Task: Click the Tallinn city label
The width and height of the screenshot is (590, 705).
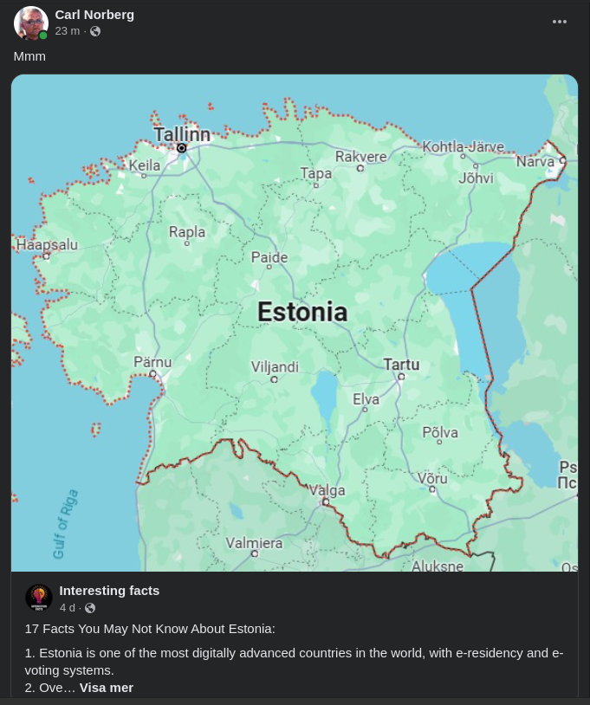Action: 182,134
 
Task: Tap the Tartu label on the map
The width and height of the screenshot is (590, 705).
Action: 401,365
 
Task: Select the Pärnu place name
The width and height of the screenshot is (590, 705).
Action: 152,362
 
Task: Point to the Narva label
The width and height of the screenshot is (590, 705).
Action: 535,161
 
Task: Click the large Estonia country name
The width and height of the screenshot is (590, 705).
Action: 302,312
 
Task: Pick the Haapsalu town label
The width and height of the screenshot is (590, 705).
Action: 47,245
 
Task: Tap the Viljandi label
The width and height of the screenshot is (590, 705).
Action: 275,366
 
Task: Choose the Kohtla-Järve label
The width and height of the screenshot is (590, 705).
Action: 463,146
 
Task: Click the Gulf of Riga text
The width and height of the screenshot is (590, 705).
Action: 65,524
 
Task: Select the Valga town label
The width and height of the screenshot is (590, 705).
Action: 327,490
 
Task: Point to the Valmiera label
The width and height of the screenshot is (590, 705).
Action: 254,543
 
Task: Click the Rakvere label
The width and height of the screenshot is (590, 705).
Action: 361,157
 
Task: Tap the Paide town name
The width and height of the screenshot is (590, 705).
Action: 269,257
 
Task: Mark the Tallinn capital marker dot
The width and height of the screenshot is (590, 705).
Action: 181,148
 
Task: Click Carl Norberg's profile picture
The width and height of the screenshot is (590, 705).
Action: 31,23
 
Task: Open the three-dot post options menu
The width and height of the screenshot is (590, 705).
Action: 560,22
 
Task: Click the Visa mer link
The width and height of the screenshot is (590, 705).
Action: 107,688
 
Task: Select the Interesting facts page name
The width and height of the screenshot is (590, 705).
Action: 109,591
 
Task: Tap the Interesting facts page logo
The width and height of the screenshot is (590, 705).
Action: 39,598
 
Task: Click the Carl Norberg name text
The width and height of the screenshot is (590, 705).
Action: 94,15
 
